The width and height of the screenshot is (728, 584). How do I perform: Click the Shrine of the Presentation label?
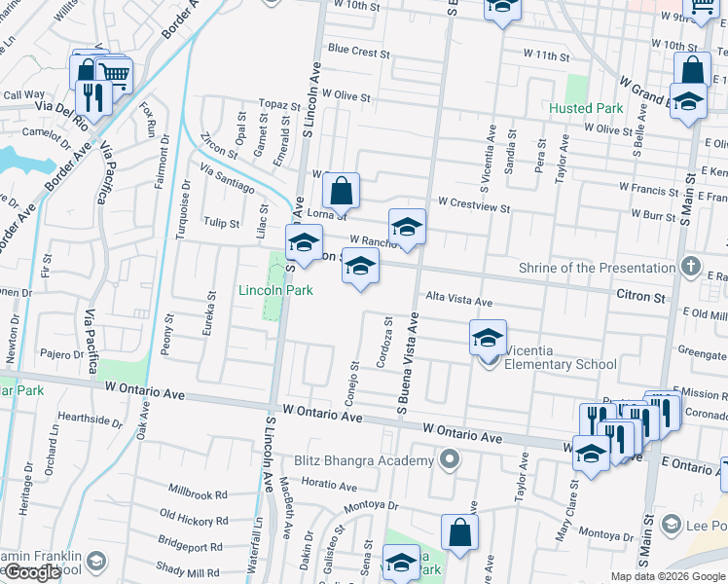click(603, 268)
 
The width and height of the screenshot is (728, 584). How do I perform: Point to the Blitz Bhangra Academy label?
click(364, 460)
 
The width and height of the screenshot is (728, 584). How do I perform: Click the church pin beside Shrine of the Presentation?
click(690, 266)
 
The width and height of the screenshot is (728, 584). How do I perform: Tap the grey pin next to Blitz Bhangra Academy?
click(448, 459)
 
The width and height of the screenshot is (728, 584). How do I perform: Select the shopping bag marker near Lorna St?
click(341, 193)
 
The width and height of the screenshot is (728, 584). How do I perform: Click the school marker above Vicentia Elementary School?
click(488, 340)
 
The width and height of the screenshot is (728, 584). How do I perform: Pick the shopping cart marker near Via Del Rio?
click(115, 73)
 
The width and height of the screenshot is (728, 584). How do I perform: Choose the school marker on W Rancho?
click(407, 228)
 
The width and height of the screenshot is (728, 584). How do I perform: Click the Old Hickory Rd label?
click(194, 521)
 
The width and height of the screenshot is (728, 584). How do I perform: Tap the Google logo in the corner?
click(32, 572)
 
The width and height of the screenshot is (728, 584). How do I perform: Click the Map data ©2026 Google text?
click(667, 576)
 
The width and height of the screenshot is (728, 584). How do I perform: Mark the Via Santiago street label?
click(229, 179)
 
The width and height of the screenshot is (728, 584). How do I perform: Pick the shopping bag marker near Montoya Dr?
click(459, 533)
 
